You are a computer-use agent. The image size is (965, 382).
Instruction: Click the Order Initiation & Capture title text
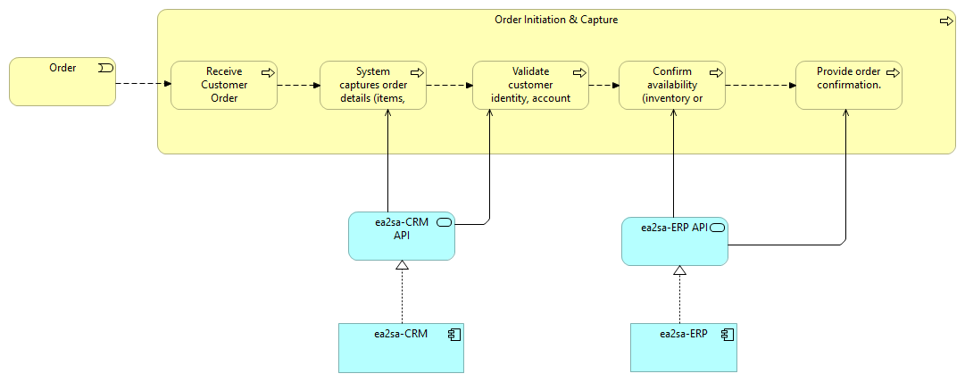point(556,20)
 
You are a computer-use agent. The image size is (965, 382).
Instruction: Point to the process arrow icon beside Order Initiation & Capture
point(946,21)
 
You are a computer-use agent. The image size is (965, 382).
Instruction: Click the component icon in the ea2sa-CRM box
point(453,335)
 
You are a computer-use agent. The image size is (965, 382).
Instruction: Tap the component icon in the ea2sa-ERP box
point(727,335)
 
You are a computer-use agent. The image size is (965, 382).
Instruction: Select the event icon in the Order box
point(104,69)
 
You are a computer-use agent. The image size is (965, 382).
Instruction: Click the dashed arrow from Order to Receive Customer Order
point(143,85)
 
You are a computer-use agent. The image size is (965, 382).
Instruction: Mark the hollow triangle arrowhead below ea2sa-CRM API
point(402,266)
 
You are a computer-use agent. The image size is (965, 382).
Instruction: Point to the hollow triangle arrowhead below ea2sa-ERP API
point(679,270)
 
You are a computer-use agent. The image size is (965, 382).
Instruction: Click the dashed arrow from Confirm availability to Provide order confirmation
point(760,87)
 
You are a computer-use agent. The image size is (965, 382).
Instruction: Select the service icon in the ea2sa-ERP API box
point(717,228)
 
